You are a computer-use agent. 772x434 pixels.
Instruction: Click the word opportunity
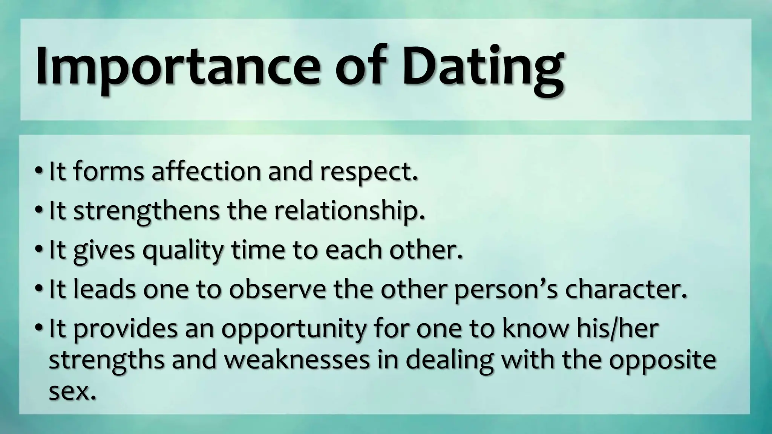coord(294,330)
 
